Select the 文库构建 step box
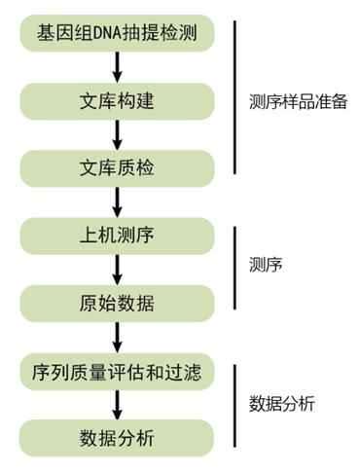coord(117,101)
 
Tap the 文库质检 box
coord(117,167)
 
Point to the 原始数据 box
coord(117,303)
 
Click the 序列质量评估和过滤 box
coord(117,371)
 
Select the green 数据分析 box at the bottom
coord(117,438)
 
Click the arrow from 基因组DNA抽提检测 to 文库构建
coord(117,68)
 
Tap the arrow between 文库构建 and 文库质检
coord(117,134)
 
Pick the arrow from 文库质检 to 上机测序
coord(117,201)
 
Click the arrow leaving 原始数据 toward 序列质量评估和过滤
coord(117,337)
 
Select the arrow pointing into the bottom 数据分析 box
coord(117,404)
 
